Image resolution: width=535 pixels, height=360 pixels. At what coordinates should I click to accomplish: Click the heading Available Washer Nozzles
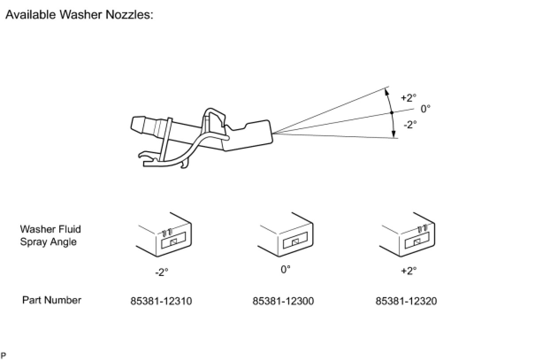click(x=79, y=15)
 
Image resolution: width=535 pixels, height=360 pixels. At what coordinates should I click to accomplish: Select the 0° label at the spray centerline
click(x=425, y=108)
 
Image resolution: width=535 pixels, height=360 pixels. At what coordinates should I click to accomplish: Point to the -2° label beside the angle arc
click(x=410, y=125)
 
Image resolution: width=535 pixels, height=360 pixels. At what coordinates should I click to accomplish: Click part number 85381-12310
click(x=161, y=301)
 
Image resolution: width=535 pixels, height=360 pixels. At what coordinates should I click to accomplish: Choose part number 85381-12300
click(x=283, y=301)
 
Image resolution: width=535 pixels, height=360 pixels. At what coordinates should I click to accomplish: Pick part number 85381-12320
click(x=406, y=301)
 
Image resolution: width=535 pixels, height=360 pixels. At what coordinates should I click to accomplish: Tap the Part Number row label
click(x=52, y=300)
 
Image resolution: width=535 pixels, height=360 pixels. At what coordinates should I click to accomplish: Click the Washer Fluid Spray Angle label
click(x=50, y=236)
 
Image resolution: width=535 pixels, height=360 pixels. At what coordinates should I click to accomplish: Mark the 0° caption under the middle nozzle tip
click(x=286, y=269)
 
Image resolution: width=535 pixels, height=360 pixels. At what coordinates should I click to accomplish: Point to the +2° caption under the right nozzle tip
click(x=409, y=271)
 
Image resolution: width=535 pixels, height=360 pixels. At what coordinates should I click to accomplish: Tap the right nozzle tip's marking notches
click(x=422, y=229)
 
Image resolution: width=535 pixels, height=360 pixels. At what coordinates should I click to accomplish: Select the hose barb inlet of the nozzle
click(x=140, y=126)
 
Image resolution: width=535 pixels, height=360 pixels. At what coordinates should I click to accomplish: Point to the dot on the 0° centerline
click(x=391, y=113)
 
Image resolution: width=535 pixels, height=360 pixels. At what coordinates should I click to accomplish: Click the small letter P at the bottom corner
click(x=4, y=355)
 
